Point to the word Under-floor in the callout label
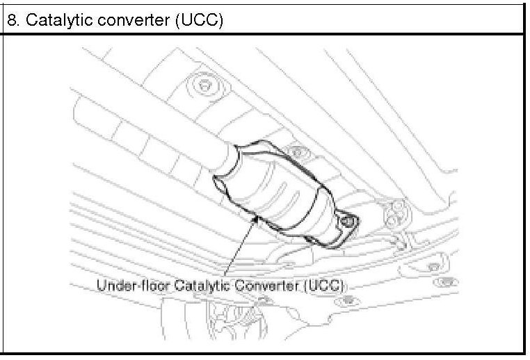pos(128,286)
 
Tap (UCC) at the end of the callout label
pos(325,286)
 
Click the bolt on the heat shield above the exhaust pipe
pos(203,85)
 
